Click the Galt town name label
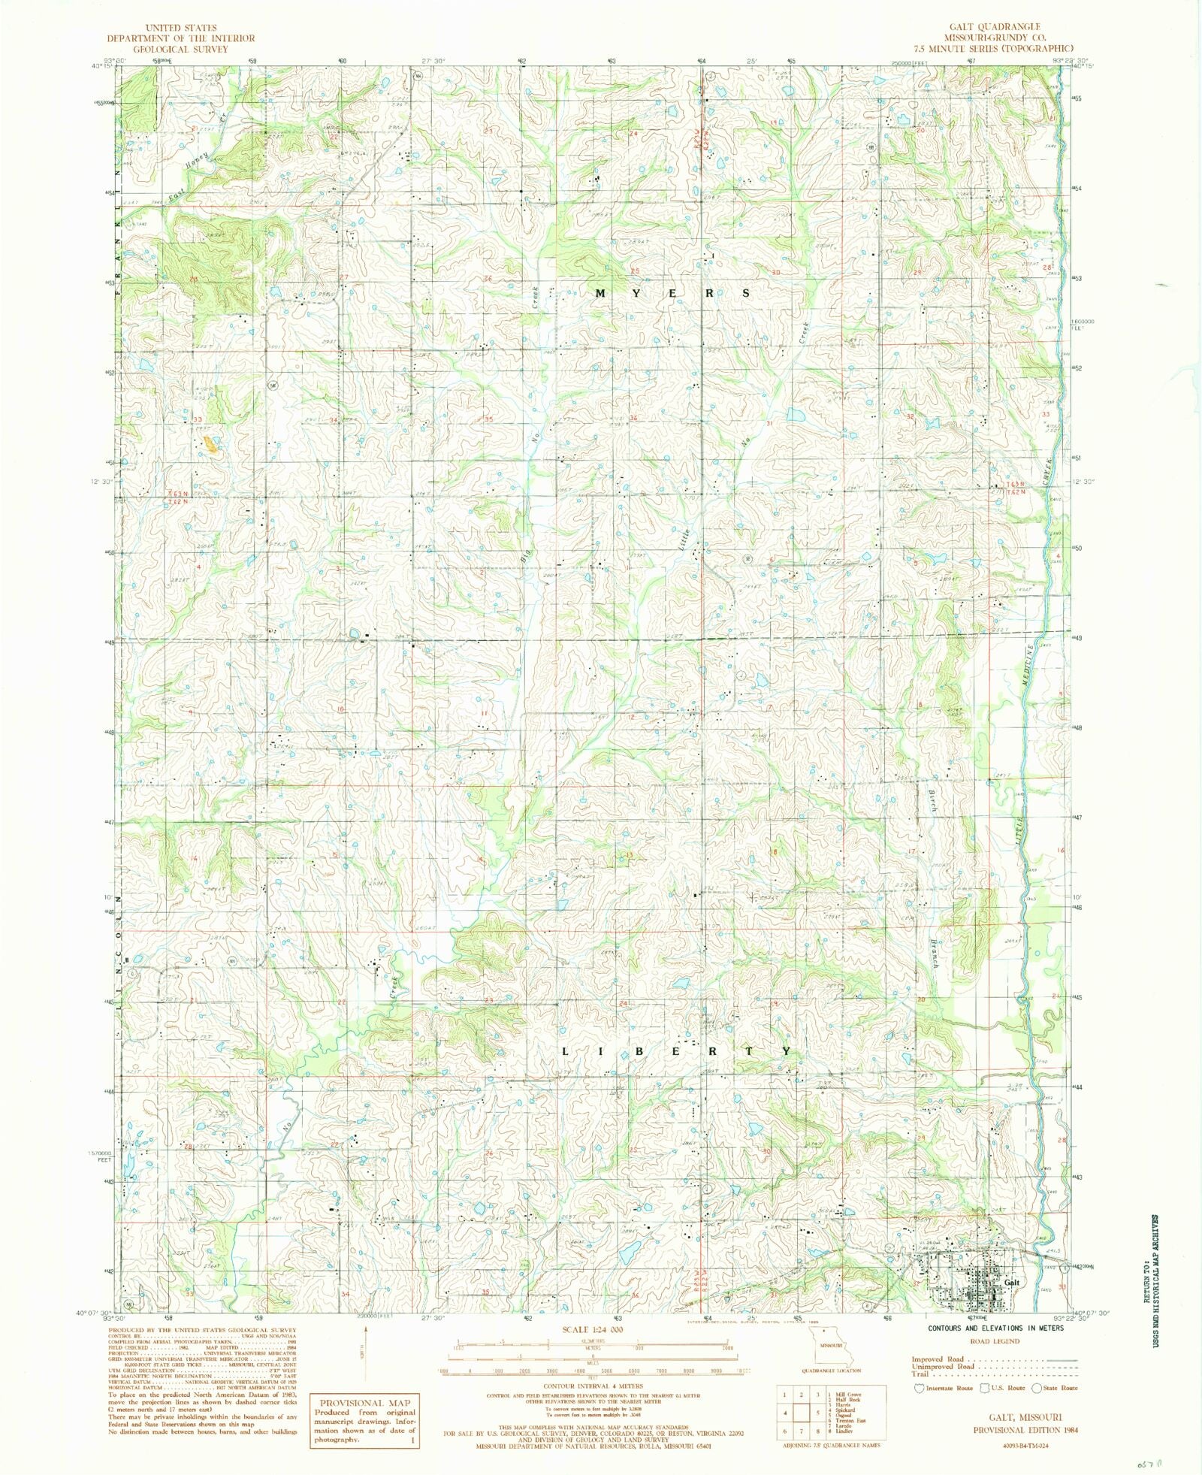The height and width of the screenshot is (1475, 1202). click(1012, 1282)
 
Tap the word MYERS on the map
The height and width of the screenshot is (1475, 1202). click(672, 294)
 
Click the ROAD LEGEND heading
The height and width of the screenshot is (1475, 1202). click(995, 1340)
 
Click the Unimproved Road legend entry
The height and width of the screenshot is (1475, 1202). click(942, 1367)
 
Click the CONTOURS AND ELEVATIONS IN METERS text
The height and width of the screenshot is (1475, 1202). click(995, 1328)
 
